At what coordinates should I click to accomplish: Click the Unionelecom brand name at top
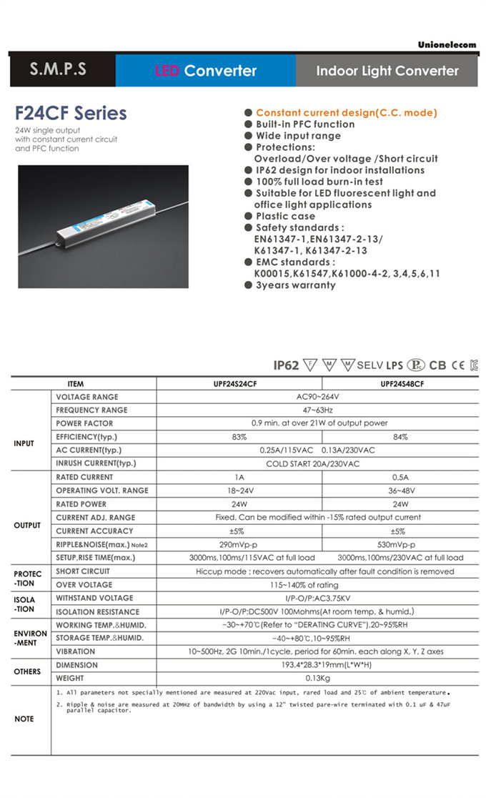(x=447, y=45)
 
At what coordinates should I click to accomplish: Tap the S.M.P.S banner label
(x=59, y=70)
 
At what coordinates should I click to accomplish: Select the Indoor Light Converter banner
(x=387, y=71)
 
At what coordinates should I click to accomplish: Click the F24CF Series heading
(x=71, y=113)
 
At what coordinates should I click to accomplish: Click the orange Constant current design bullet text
(x=346, y=113)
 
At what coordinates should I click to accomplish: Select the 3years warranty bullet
(x=295, y=285)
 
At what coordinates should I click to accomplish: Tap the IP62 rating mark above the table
(x=286, y=365)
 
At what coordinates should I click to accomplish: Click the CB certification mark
(x=437, y=365)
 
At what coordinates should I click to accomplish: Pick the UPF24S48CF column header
(x=402, y=384)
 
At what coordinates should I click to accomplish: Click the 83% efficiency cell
(x=239, y=437)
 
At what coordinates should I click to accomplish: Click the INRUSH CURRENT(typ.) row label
(x=96, y=463)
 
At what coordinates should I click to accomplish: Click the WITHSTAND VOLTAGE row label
(x=94, y=598)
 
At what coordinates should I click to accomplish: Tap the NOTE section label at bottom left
(x=24, y=719)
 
